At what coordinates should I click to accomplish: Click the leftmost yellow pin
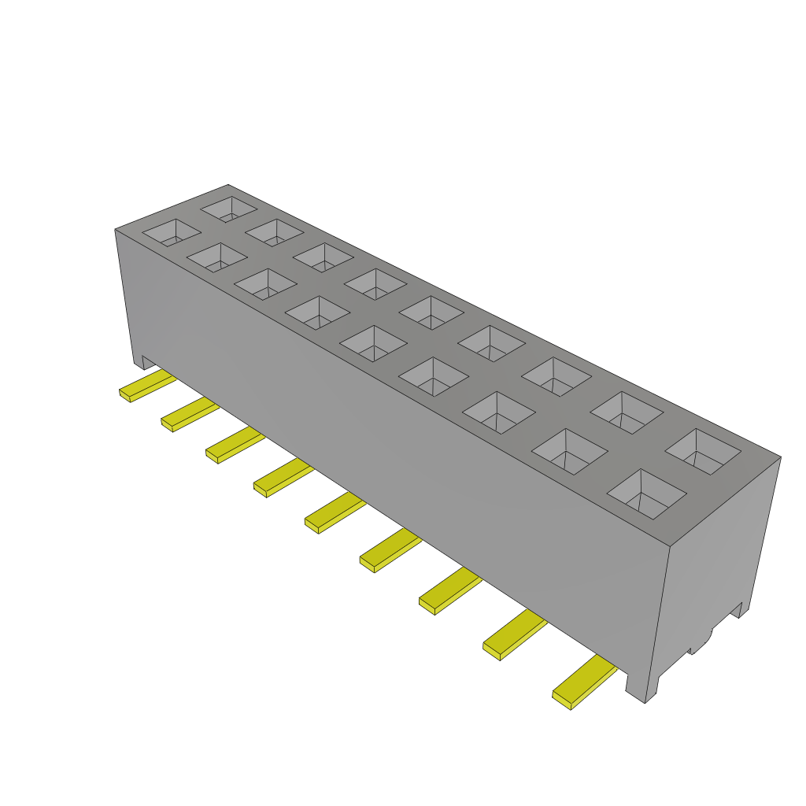pyautogui.click(x=146, y=386)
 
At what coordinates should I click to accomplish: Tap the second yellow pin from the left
pyautogui.click(x=189, y=413)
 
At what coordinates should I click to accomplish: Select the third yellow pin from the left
pyautogui.click(x=234, y=446)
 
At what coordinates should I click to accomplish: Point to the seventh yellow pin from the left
pyautogui.click(x=449, y=592)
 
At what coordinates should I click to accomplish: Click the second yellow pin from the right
pyautogui.click(x=514, y=636)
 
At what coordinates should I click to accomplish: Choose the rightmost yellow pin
pyautogui.click(x=583, y=682)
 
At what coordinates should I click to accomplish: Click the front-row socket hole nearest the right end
pyautogui.click(x=647, y=494)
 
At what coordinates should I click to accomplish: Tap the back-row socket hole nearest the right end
pyautogui.click(x=703, y=451)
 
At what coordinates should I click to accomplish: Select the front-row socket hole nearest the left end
pyautogui.click(x=171, y=232)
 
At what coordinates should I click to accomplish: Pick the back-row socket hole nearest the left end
pyautogui.click(x=229, y=209)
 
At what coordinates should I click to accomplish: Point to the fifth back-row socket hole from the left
pyautogui.click(x=430, y=312)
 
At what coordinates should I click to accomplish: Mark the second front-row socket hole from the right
pyautogui.click(x=570, y=452)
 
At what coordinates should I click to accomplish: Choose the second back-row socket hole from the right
pyautogui.click(x=626, y=412)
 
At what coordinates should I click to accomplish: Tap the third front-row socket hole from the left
pyautogui.click(x=265, y=284)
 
